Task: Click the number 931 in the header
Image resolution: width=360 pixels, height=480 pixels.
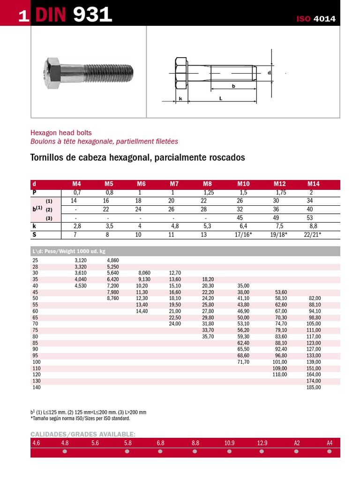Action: (x=93, y=15)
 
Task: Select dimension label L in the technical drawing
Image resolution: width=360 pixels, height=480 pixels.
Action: (x=220, y=98)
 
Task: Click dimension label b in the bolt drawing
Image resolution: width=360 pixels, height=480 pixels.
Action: (x=233, y=86)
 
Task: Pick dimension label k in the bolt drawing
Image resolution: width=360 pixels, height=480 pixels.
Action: (x=180, y=99)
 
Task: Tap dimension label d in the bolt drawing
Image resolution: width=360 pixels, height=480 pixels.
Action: (x=269, y=73)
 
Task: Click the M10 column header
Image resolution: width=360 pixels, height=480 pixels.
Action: (x=244, y=184)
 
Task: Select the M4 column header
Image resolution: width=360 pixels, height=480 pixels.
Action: (x=77, y=184)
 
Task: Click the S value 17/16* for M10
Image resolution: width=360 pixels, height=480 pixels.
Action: (x=244, y=234)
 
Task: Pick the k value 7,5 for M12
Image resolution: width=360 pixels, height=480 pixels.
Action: (x=280, y=226)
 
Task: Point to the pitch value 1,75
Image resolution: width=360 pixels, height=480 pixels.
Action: (x=281, y=193)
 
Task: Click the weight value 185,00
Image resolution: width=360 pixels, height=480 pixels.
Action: (x=314, y=388)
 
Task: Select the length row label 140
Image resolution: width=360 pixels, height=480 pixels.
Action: (x=37, y=388)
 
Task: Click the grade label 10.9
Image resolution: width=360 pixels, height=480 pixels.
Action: (x=229, y=442)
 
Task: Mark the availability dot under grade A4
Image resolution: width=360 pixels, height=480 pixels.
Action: (x=330, y=452)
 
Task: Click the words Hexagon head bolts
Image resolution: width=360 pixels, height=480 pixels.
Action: (x=61, y=133)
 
